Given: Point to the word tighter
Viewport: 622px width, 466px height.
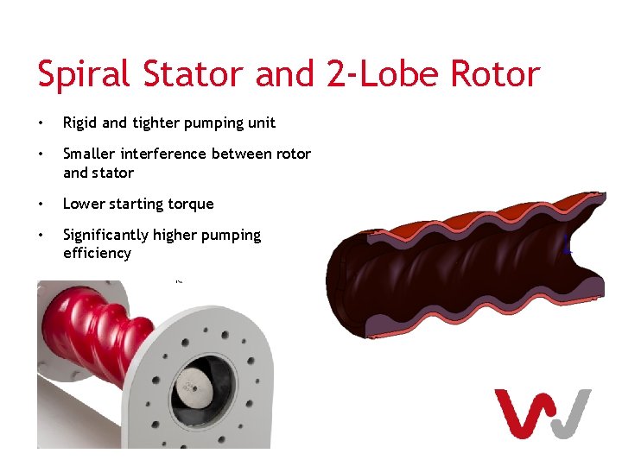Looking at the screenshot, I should coord(155,123).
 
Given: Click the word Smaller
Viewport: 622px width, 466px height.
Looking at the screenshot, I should coord(90,154).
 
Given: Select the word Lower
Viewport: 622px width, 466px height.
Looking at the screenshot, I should coord(83,204).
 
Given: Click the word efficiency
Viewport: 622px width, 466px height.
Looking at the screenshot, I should coord(97,254).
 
